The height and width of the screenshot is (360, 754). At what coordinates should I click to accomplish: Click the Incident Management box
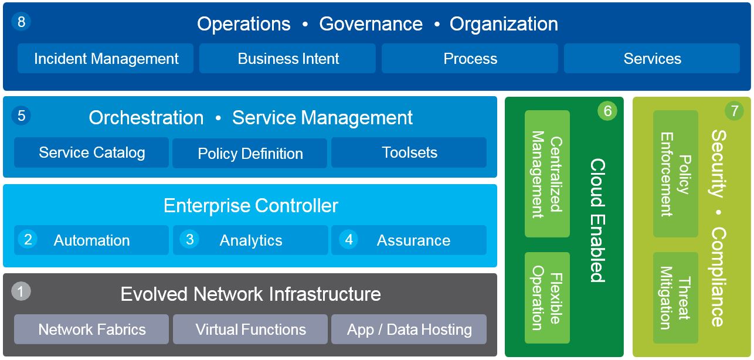click(106, 59)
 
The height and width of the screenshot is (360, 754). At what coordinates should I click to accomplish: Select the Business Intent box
click(287, 59)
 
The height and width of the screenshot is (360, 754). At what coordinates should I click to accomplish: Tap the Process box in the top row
click(470, 59)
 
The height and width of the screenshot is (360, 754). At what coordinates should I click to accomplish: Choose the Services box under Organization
click(652, 59)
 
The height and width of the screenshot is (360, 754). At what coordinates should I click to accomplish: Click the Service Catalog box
click(91, 152)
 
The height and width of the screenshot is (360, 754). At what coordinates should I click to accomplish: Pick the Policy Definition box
click(250, 153)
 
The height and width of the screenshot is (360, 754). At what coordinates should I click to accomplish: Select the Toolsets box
click(409, 152)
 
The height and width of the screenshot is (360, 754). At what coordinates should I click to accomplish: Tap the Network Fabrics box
click(91, 330)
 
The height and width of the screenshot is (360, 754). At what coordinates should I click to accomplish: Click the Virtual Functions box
click(250, 330)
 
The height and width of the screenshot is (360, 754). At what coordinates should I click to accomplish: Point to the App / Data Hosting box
click(409, 330)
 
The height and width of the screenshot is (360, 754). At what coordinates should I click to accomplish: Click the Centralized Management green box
click(547, 174)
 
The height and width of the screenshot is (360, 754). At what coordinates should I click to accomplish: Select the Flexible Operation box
click(547, 298)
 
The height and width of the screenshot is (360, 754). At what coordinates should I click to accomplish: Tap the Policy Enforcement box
click(675, 174)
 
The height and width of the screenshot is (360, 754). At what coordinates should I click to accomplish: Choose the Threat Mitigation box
click(675, 298)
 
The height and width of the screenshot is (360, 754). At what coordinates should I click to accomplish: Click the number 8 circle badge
click(21, 22)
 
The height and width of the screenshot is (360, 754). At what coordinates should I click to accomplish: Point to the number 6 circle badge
click(607, 110)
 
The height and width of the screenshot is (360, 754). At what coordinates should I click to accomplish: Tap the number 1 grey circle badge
click(21, 291)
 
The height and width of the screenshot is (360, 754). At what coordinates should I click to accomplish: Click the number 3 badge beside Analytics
click(189, 239)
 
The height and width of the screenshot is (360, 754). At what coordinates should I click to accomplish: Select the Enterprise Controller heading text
click(251, 206)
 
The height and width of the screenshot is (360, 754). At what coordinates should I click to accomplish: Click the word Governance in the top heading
click(371, 24)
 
